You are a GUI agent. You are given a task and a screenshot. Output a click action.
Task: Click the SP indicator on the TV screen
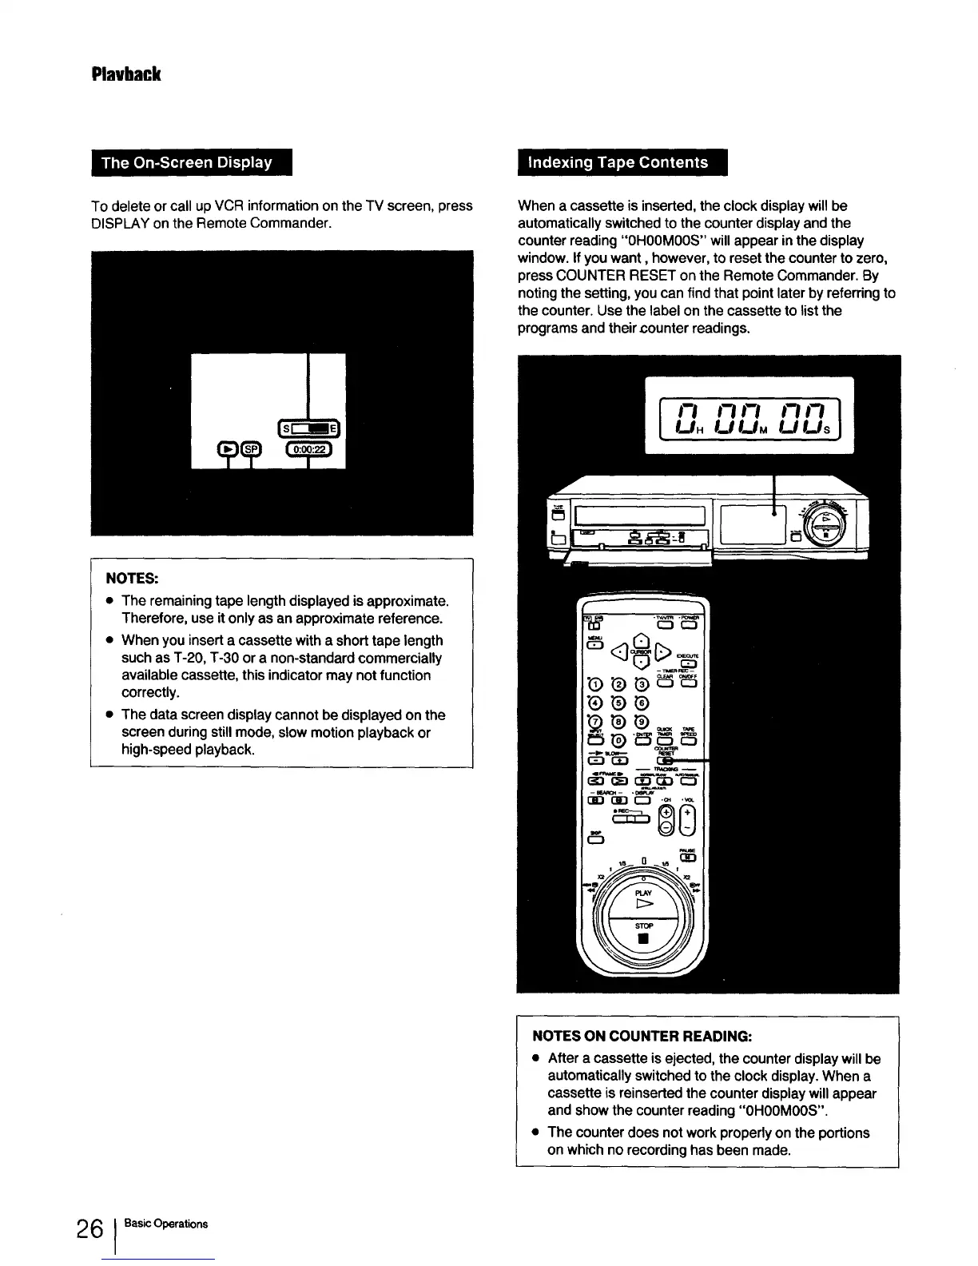pyautogui.click(x=251, y=449)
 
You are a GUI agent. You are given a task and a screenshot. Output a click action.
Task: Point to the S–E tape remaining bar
pyautogui.click(x=308, y=427)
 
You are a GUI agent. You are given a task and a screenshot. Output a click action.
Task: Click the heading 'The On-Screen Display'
pyautogui.click(x=187, y=162)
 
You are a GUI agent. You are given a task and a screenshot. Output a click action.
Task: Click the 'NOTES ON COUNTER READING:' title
pyautogui.click(x=642, y=1036)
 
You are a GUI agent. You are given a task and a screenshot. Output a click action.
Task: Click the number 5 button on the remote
pyautogui.click(x=618, y=704)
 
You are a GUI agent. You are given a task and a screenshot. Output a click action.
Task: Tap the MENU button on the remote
pyautogui.click(x=594, y=647)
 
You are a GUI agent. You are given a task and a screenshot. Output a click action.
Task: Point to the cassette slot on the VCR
pyautogui.click(x=639, y=516)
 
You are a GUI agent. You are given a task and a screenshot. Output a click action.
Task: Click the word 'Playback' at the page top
pyautogui.click(x=126, y=74)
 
